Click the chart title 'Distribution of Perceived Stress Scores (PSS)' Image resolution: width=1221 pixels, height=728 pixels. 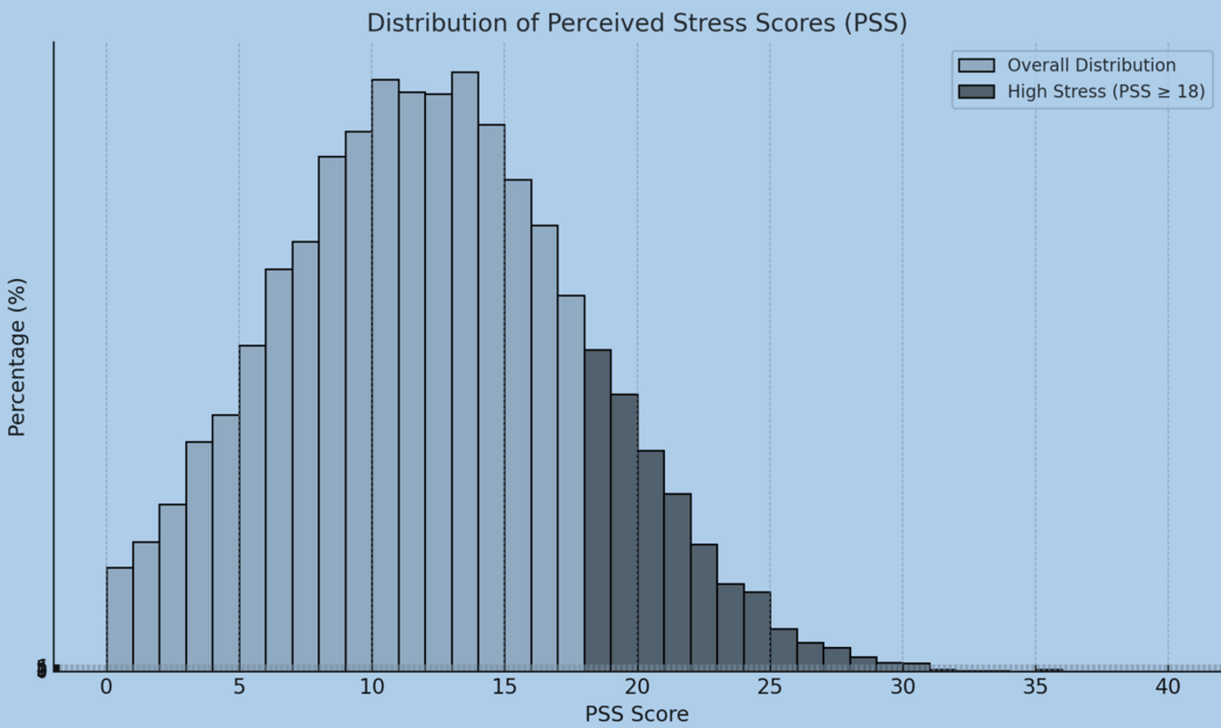tap(636, 22)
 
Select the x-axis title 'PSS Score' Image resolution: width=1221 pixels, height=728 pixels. tap(636, 714)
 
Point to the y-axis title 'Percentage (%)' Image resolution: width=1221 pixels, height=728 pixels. tap(17, 356)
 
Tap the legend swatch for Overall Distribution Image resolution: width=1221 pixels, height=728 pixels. tap(976, 65)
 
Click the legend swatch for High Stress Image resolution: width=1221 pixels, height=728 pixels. tap(976, 92)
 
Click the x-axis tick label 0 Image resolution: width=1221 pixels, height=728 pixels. tap(106, 687)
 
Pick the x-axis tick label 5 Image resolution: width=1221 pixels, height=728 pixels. tap(239, 687)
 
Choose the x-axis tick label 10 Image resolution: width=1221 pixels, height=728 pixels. tap(372, 687)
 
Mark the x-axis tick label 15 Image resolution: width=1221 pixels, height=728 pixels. tap(504, 687)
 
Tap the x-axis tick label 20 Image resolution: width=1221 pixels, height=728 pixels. tap(637, 687)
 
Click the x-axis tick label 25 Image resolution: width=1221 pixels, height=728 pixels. tap(770, 687)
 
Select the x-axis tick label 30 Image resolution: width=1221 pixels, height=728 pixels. tap(903, 687)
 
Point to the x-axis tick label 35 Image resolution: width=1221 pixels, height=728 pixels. tap(1036, 687)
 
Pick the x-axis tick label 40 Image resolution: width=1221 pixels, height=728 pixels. tap(1168, 687)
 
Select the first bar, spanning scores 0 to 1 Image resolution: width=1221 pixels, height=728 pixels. tap(119, 618)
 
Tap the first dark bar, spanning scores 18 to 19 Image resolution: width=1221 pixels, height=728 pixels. tap(597, 509)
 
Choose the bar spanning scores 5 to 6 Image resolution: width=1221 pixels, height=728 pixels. tap(252, 507)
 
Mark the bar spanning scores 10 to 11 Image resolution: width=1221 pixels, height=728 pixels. tap(385, 374)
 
